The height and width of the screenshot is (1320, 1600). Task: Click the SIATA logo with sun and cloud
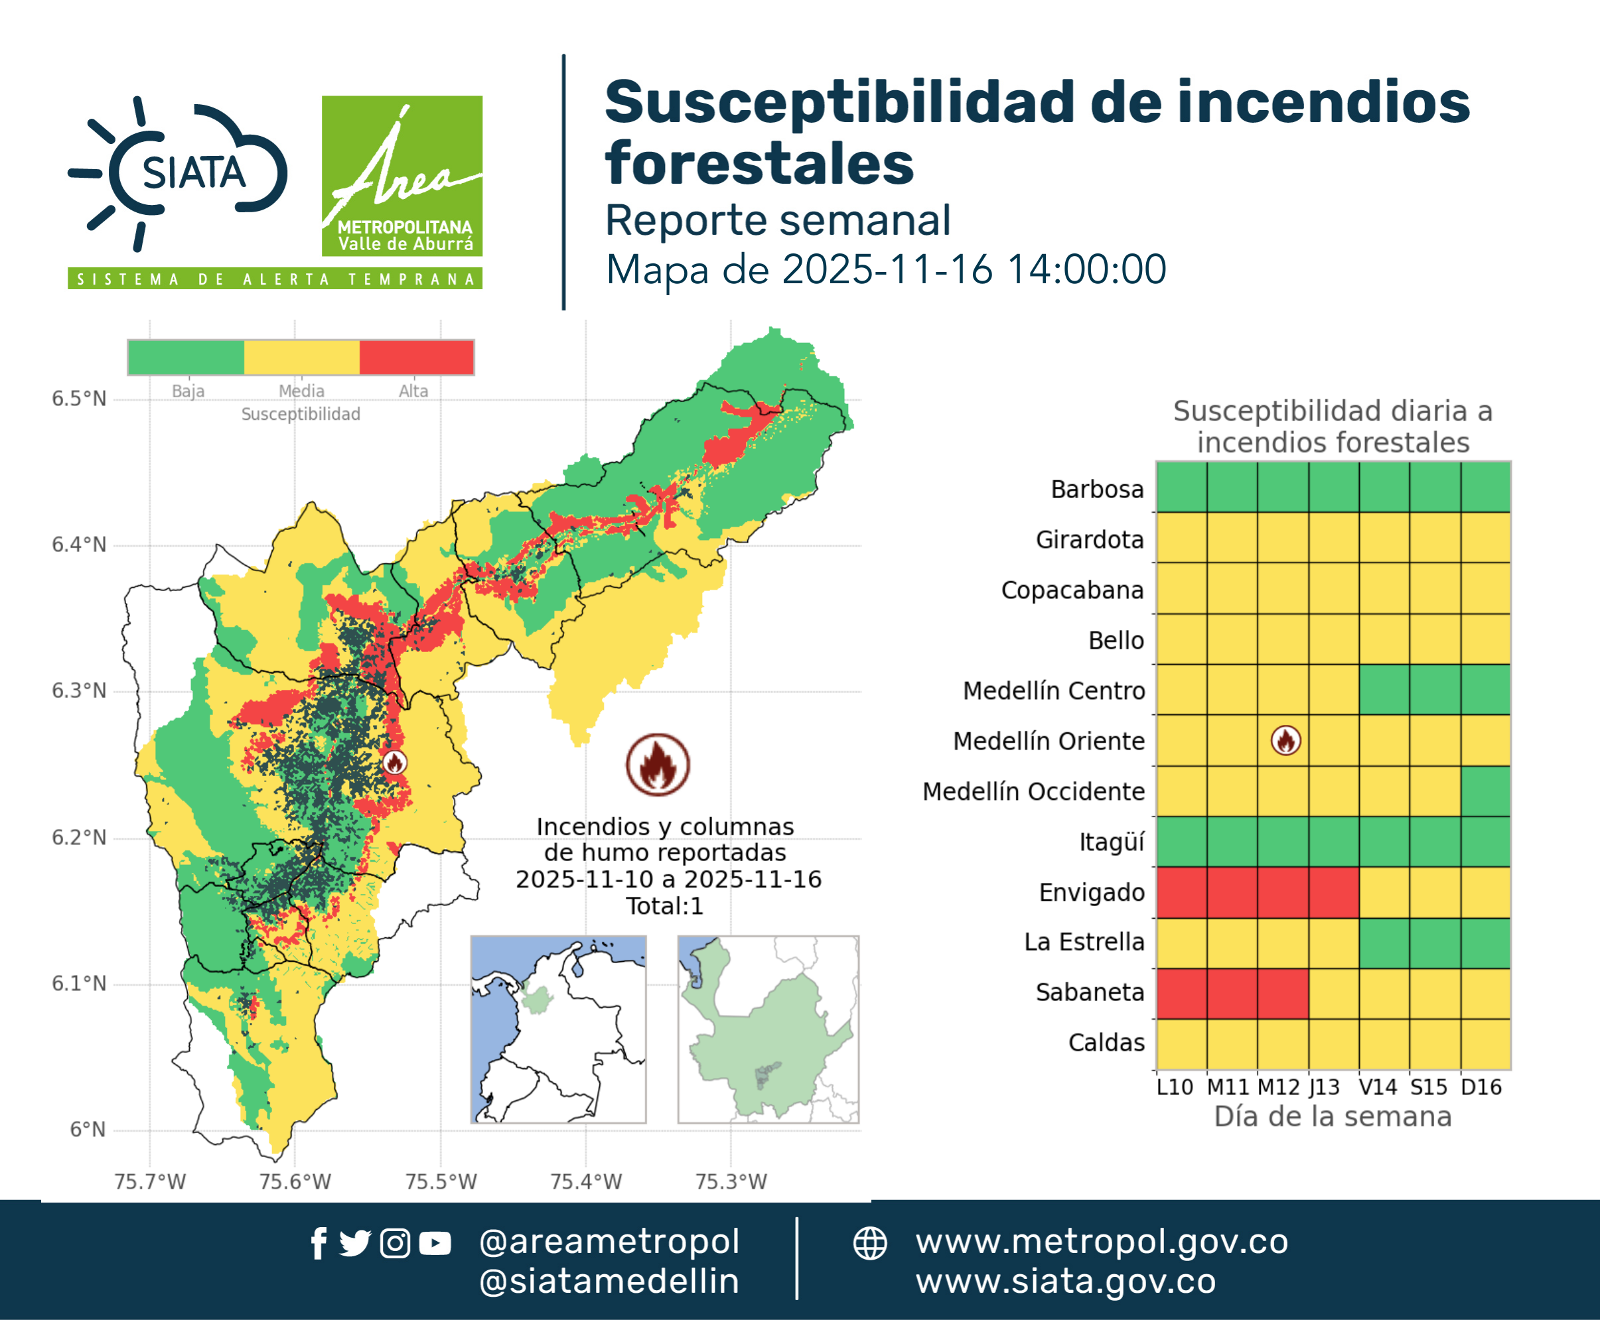click(178, 173)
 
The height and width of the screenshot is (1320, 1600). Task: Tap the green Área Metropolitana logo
click(401, 176)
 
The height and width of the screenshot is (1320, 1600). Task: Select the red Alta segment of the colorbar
click(416, 358)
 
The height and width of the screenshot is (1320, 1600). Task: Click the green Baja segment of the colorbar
click(186, 358)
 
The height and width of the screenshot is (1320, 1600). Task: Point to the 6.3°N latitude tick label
click(79, 691)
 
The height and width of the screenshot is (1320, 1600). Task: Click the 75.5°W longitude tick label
click(441, 1181)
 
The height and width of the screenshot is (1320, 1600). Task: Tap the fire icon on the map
click(394, 762)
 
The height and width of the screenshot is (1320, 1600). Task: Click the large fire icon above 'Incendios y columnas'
click(658, 764)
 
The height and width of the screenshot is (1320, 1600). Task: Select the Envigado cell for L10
click(1181, 892)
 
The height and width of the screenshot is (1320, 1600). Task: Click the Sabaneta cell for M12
click(1283, 993)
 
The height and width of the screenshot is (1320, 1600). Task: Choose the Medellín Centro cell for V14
click(1384, 690)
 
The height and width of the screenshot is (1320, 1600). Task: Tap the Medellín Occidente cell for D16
click(1486, 791)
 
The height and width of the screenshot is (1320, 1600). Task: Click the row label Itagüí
click(1112, 842)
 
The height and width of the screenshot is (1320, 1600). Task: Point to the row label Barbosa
click(1097, 489)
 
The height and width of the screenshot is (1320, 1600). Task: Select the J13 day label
click(1325, 1087)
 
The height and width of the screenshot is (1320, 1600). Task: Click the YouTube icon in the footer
click(435, 1244)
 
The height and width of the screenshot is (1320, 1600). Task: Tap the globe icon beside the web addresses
click(869, 1244)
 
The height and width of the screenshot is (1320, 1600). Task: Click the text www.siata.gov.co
click(1065, 1282)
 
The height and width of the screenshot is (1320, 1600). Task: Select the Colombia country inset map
click(558, 1029)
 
